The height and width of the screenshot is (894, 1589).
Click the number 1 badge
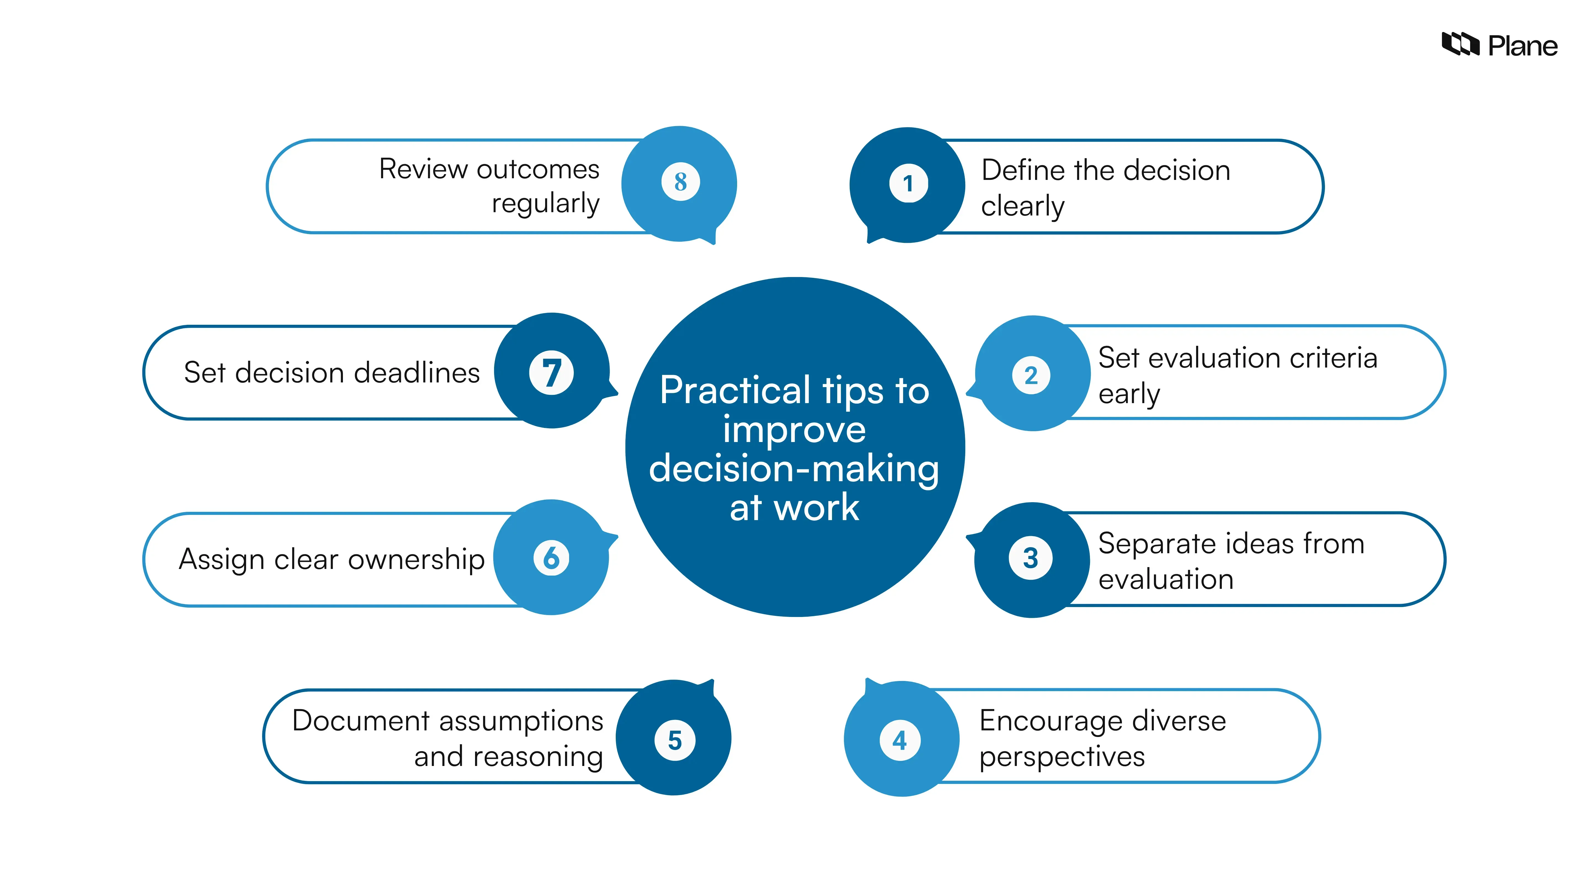908,183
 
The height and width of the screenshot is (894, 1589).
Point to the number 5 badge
675,740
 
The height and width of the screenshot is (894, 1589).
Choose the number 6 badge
551,558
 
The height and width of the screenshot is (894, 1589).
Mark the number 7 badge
551,373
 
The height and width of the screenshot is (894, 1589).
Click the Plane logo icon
1459,44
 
